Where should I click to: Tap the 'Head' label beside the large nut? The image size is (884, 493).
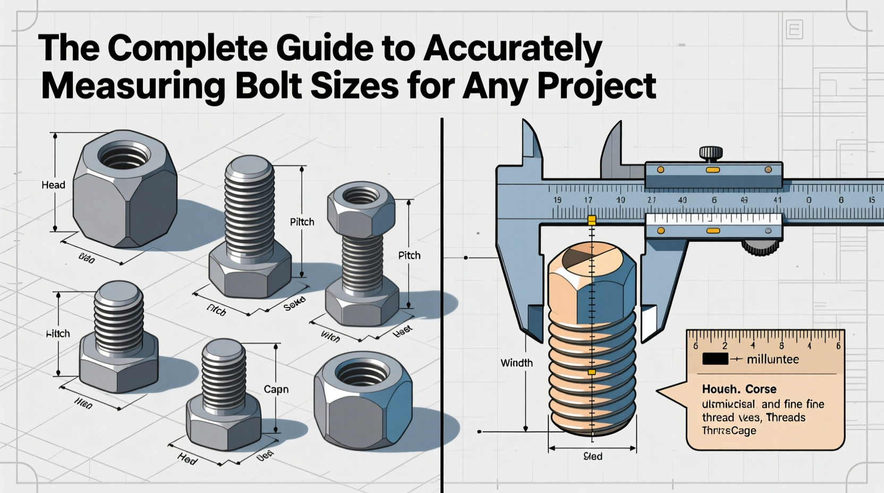(53, 185)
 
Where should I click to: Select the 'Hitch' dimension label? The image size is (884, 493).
(58, 334)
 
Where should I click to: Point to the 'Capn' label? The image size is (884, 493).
(276, 389)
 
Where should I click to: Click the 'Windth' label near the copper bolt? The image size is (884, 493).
(516, 363)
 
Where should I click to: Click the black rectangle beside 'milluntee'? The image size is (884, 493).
(715, 359)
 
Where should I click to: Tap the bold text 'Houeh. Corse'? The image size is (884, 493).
(739, 389)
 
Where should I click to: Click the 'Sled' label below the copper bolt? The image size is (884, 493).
(593, 456)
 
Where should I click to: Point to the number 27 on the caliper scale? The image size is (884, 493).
(651, 200)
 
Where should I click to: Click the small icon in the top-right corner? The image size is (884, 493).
(794, 29)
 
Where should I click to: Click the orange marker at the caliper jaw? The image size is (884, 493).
(591, 220)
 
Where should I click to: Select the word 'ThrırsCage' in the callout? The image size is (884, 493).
(729, 430)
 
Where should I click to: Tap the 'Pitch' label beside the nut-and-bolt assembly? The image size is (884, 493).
(409, 256)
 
